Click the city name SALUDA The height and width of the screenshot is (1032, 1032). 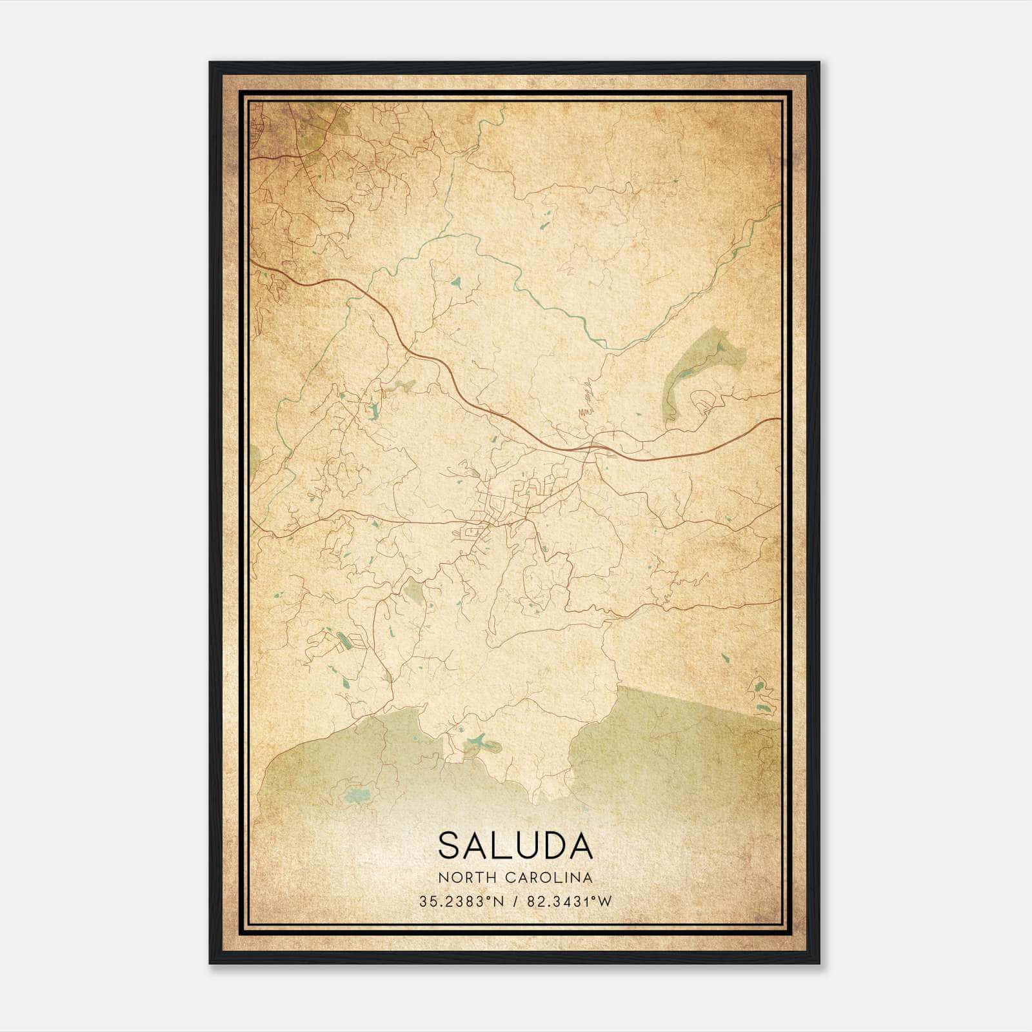[515, 845]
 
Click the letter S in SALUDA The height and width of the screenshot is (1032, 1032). [449, 845]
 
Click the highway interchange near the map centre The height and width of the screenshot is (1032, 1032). [592, 446]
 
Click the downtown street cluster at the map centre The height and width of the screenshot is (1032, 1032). [497, 516]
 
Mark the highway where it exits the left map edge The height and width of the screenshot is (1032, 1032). [253, 263]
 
